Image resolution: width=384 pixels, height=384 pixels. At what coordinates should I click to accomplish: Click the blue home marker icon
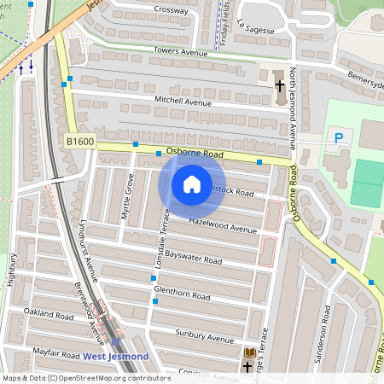[192, 183]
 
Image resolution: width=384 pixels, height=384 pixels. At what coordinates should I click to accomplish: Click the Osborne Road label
[195, 154]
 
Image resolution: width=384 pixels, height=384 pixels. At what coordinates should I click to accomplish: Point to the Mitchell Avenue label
[182, 102]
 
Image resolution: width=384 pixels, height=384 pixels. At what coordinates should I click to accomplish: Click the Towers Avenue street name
[181, 52]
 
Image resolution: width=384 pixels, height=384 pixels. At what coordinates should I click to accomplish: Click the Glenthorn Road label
[181, 294]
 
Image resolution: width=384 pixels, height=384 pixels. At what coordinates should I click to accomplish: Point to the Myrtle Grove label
[129, 195]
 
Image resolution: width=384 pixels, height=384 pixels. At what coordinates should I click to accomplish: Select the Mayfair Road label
[56, 353]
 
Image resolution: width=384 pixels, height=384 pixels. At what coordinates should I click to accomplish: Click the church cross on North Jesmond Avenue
[279, 85]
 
